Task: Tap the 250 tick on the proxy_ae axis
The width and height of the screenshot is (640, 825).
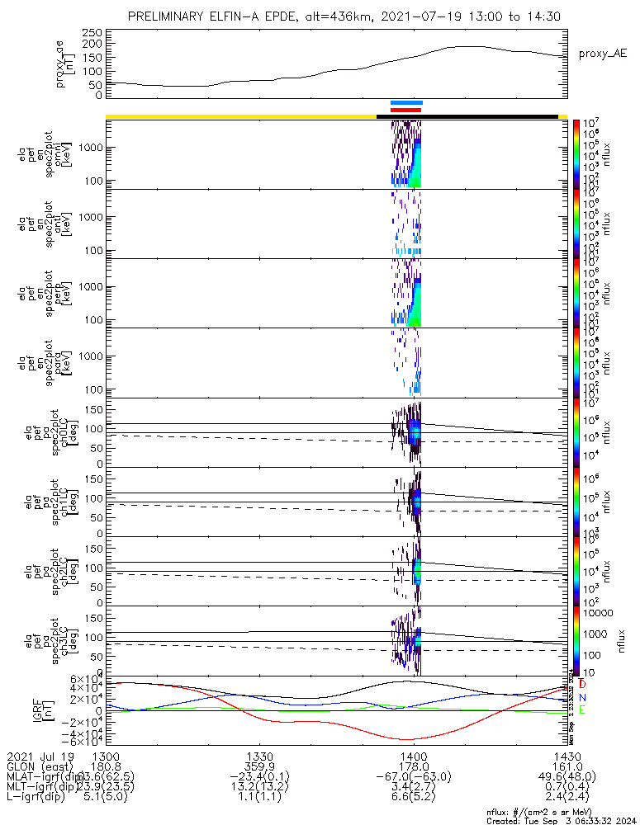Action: pos(92,32)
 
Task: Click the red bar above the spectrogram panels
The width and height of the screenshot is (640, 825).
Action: pos(405,110)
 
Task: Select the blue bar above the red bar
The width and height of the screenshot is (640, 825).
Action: pos(406,103)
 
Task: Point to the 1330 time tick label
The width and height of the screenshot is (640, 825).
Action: pos(259,757)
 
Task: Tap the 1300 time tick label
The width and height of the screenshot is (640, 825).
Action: pos(106,757)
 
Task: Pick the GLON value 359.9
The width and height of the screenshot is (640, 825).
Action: pos(259,767)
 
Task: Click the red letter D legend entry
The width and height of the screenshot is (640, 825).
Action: pos(582,684)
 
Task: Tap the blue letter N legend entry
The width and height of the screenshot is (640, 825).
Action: pos(582,697)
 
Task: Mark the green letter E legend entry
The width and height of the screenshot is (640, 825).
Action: pos(582,709)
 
